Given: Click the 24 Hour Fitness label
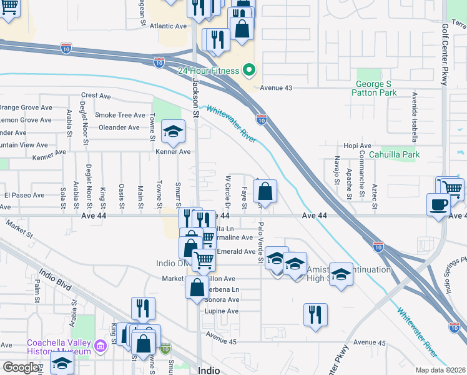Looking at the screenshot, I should pyautogui.click(x=209, y=70).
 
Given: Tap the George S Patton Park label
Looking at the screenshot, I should pyautogui.click(x=376, y=88).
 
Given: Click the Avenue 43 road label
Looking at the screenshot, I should pyautogui.click(x=276, y=88).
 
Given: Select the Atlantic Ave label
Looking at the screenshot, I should pyautogui.click(x=169, y=26).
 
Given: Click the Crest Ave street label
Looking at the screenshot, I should pyautogui.click(x=96, y=96).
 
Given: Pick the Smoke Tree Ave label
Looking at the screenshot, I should pyautogui.click(x=120, y=116).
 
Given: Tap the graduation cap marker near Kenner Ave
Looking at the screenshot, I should pyautogui.click(x=174, y=131).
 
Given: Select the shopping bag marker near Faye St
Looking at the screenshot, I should pyautogui.click(x=265, y=192).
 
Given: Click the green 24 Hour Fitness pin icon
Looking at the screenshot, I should pyautogui.click(x=250, y=70).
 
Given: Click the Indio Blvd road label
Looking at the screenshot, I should pyautogui.click(x=55, y=279).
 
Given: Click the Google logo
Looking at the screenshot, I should pyautogui.click(x=20, y=367).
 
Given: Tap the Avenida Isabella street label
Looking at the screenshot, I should pyautogui.click(x=414, y=110).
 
